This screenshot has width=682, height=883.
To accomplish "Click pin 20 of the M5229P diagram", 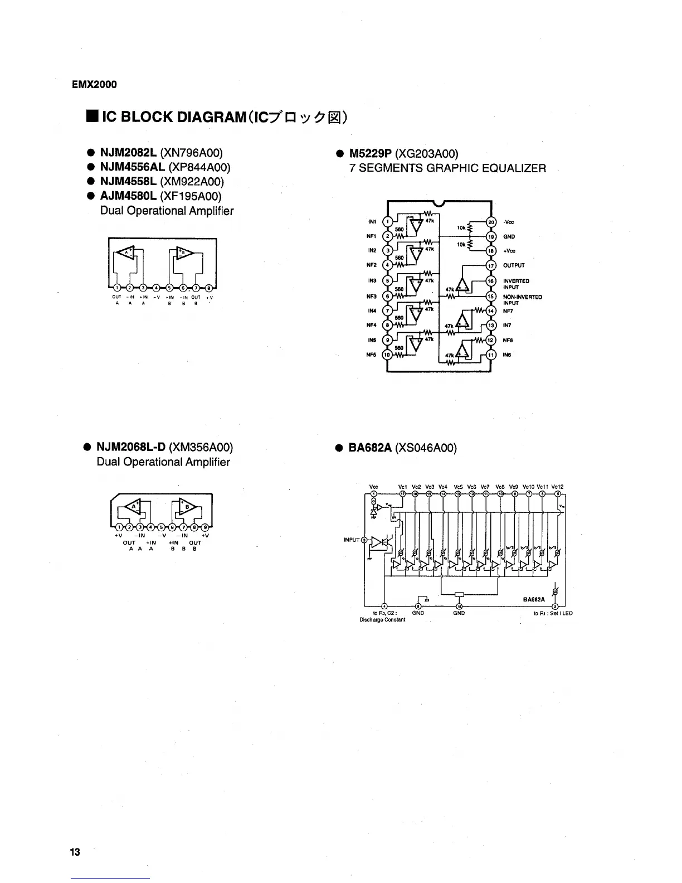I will point(491,222).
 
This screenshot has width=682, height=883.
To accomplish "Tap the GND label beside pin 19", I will point(508,236).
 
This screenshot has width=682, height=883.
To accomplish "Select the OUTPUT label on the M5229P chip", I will point(514,266).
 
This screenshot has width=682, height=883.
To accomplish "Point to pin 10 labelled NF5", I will point(389,355).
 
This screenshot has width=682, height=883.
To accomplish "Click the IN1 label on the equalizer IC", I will point(373,222).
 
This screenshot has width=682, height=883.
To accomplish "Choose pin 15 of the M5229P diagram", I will point(491,296).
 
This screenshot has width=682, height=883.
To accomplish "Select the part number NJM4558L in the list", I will point(128,181).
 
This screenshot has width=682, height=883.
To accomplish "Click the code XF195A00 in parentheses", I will point(191,196).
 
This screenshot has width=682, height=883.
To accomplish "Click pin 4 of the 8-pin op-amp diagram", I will point(157,288).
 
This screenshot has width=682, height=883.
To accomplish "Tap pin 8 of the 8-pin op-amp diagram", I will point(208,288).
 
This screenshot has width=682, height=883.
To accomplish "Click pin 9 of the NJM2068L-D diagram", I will point(206,528).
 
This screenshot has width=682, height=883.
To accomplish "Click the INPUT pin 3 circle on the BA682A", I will point(364,540).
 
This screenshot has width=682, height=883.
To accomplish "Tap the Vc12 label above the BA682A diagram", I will point(558,487).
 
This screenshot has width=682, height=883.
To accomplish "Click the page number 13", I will point(75,852).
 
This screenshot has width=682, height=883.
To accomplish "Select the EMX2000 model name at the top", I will point(95,85).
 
